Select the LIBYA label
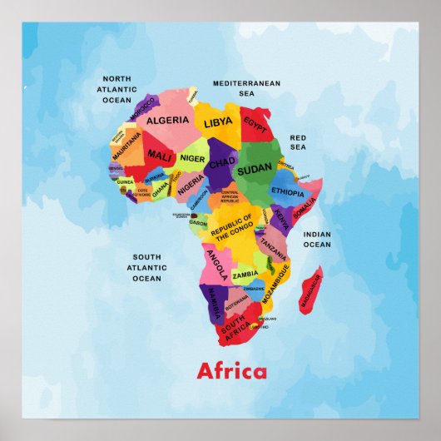tap(218, 122)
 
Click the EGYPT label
tap(255, 121)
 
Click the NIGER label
tap(192, 158)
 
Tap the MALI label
tap(159, 155)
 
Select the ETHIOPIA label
tap(288, 191)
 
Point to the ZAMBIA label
tap(245, 275)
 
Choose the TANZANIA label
tap(272, 245)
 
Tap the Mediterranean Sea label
tap(246, 88)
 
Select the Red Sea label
tap(298, 141)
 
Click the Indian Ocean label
tap(316, 240)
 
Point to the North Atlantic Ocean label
tap(117, 89)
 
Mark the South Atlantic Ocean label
tap(146, 268)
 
